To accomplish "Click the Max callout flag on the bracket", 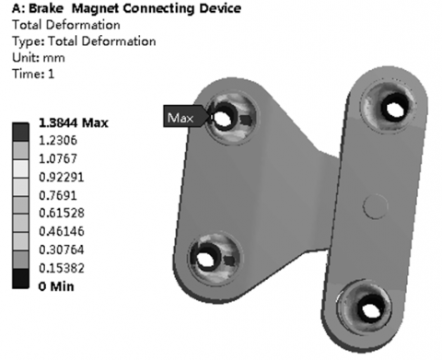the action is coord(185,116).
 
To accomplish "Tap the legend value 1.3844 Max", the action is coord(74,122).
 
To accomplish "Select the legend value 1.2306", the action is coord(58,141).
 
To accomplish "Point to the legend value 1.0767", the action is coord(58,158).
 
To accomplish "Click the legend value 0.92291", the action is coord(62,177).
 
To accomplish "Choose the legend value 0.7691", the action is coord(58,195).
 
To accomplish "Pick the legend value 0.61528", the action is coord(62,213).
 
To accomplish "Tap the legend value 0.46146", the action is coord(62,231).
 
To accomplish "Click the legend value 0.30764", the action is coord(62,250).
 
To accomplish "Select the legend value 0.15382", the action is coord(62,268).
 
